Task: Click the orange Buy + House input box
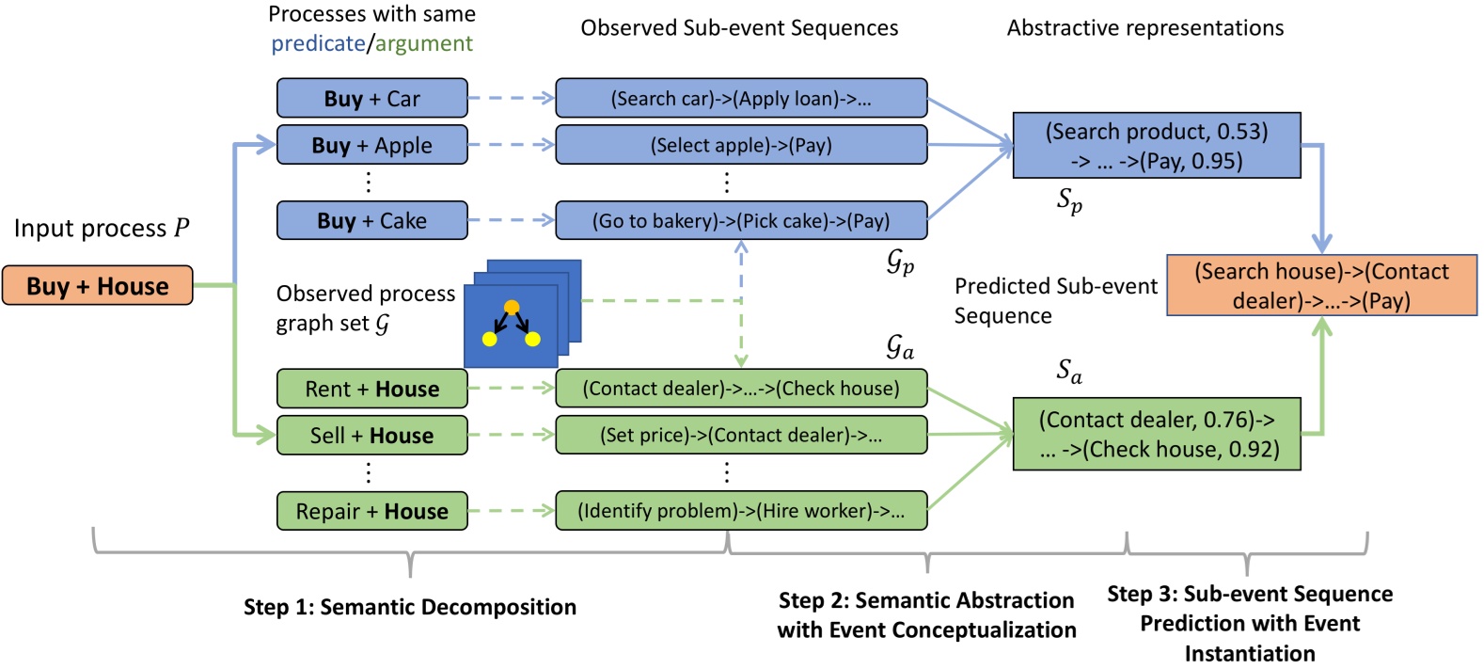(97, 286)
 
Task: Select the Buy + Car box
(371, 99)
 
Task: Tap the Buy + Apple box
(371, 145)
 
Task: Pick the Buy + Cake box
(371, 220)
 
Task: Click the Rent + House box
(371, 389)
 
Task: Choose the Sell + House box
(371, 436)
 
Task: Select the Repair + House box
(371, 511)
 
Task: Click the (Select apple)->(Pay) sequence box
(741, 145)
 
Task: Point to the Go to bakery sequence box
(741, 220)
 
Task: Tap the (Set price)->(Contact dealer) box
(741, 436)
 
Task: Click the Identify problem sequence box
(741, 511)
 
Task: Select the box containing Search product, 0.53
(1156, 146)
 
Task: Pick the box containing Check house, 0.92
(1156, 434)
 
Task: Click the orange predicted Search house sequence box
(1320, 285)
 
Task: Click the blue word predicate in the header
(318, 43)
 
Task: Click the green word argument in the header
(424, 43)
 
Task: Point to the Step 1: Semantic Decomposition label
(409, 607)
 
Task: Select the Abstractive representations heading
(1145, 28)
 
